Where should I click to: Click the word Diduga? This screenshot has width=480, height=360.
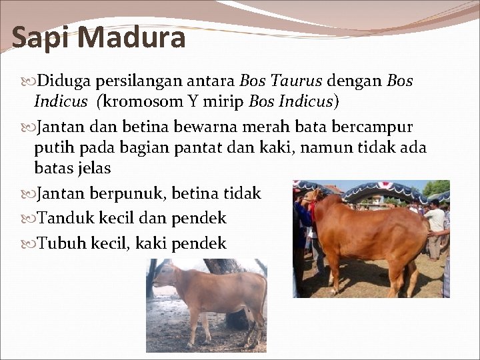[64, 81]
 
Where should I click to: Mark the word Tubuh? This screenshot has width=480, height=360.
[61, 243]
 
